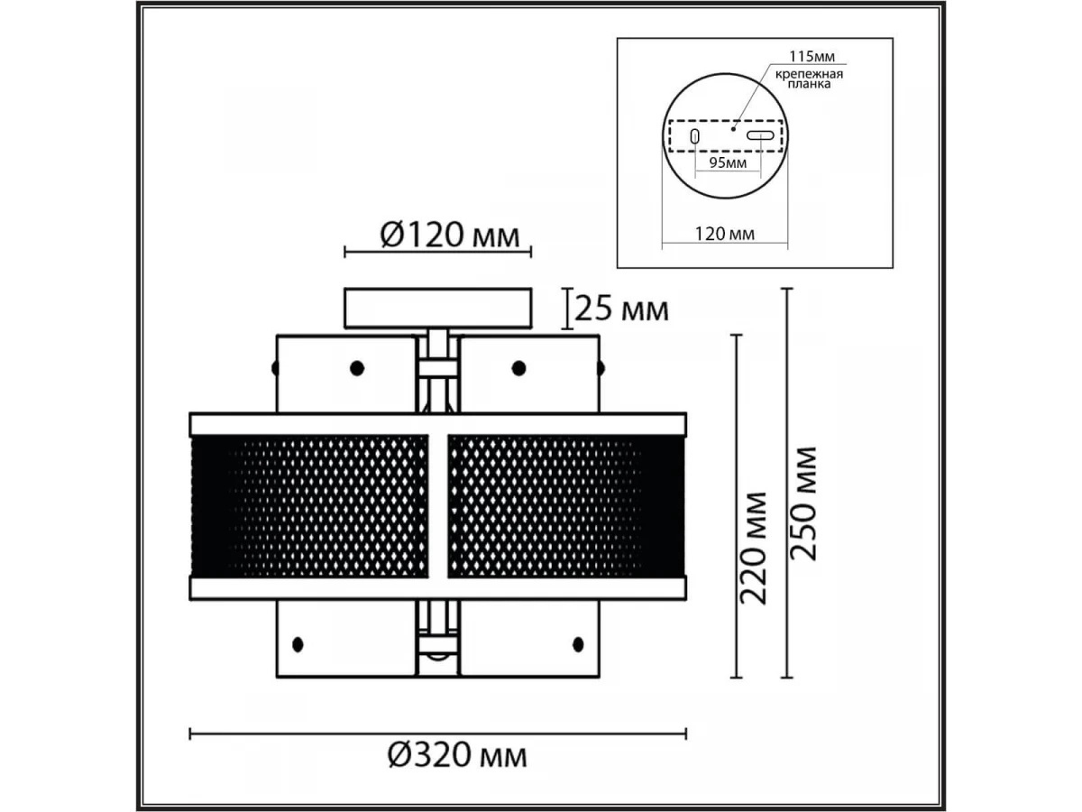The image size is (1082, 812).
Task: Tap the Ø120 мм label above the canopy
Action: pos(450,235)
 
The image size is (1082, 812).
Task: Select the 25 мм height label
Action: pos(621,309)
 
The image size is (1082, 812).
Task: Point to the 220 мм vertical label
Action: pos(753,548)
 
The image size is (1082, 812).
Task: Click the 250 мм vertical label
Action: pos(803,503)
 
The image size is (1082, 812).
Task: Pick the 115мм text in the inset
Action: pos(811,57)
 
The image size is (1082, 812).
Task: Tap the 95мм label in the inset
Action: pos(728,162)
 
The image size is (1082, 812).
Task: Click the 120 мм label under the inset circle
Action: pos(724,233)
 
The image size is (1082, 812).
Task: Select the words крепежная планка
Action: pos(809,78)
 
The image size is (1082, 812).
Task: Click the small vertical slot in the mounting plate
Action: pos(694,136)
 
